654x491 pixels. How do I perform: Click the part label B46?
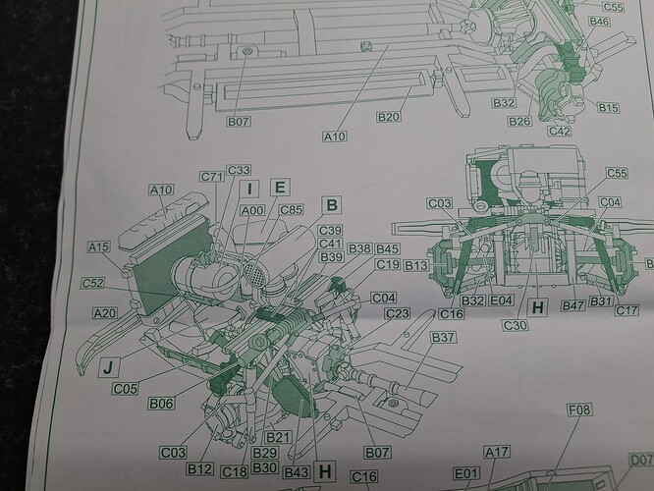[599, 21]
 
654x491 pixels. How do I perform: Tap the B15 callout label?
[609, 107]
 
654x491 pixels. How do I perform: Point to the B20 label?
[390, 117]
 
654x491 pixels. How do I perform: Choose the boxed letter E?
[280, 187]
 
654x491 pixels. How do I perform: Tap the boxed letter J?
[110, 369]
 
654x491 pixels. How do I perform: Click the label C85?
[291, 208]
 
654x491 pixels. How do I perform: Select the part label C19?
[387, 264]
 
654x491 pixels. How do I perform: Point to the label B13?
[417, 265]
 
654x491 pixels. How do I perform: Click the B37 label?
[445, 338]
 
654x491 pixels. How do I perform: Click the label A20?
[104, 312]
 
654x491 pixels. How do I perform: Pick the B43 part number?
[296, 473]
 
